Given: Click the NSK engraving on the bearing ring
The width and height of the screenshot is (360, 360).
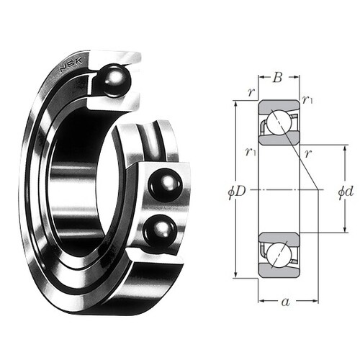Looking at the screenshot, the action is tap(71, 65).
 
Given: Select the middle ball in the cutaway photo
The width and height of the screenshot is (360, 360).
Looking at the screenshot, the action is tap(166, 185).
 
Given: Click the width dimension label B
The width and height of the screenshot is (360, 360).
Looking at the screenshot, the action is tap(277, 78).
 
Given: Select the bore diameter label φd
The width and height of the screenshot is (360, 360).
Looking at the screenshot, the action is tap(346, 192).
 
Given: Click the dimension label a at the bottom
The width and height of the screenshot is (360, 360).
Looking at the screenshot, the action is tap(286, 302).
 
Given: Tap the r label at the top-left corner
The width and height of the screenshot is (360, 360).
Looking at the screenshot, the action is tap(251, 92).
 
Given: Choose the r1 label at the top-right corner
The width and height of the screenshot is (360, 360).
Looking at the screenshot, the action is tap(307, 99).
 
